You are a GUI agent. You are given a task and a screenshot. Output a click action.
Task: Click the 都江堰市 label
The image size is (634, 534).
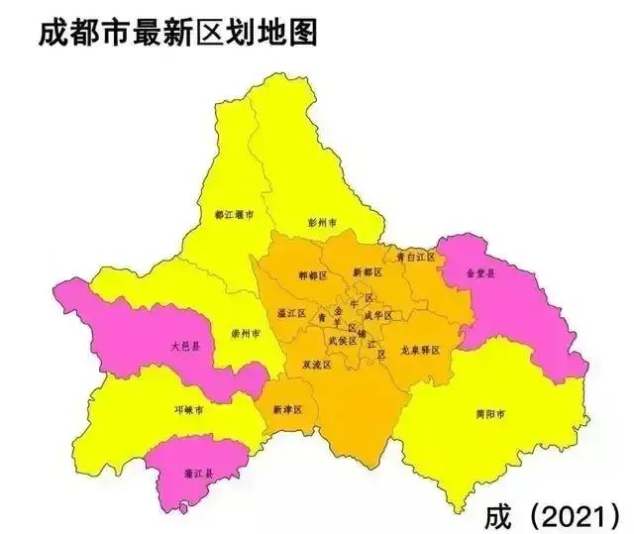(x=234, y=214)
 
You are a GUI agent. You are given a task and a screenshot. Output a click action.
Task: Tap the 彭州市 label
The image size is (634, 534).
(x=323, y=222)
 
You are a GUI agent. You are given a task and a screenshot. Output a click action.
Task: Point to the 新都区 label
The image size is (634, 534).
(x=366, y=272)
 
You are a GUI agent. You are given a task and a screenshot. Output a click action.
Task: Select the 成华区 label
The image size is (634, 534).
(x=377, y=315)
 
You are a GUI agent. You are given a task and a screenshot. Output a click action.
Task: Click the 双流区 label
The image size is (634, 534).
(x=317, y=365)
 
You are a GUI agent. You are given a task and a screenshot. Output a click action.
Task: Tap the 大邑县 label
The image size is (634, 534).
(x=184, y=347)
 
